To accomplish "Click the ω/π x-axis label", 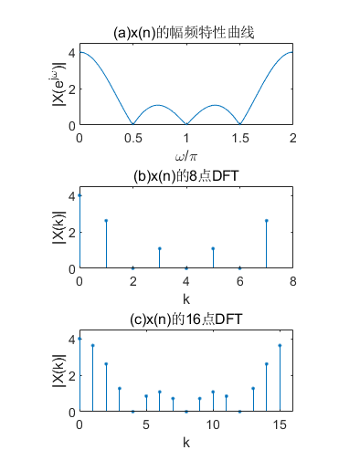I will pos(185,158).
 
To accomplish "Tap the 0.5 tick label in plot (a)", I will pos(132,138).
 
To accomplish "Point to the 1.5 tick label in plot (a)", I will pos(239,138).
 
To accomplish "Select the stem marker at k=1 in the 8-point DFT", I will pos(106,220).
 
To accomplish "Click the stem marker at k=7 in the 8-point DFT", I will pos(266,220).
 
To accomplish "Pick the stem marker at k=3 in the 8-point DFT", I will pos(159,248).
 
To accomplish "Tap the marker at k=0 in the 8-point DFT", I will pos(79,195).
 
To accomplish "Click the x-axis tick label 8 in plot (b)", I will pos(292,281).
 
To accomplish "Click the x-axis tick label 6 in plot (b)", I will pos(239,281).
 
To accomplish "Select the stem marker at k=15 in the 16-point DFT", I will pos(280,345).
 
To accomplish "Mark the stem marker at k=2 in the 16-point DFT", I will pos(106,363).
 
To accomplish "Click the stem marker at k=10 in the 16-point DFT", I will pos(213,392).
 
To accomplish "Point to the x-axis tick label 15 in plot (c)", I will pos(280,424).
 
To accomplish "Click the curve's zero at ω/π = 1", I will pos(186,125).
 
